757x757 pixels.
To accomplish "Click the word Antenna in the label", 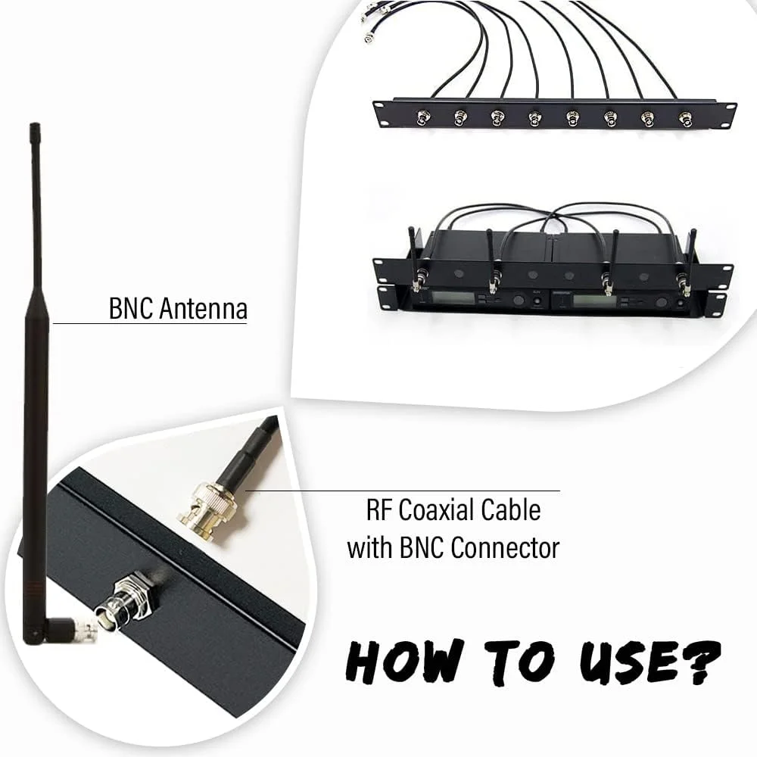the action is click(203, 309).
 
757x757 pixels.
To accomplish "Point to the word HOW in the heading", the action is click(404, 660).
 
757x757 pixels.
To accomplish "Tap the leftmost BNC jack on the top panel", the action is click(424, 117).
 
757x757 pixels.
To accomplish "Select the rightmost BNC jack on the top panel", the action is click(685, 118).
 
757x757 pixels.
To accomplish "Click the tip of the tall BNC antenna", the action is click(34, 125).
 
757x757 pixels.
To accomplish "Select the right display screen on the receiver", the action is click(594, 301).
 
